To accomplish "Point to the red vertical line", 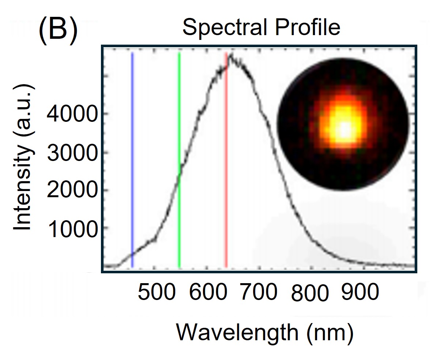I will click(x=226, y=165).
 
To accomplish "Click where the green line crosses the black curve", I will click(x=179, y=176).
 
